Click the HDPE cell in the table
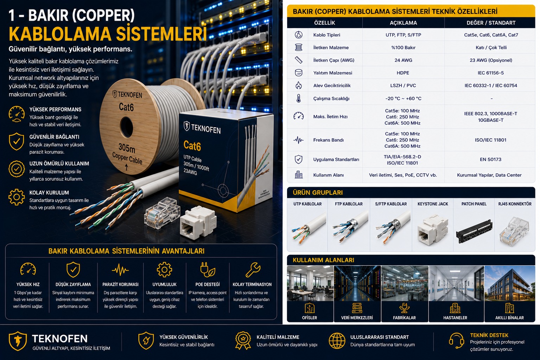pos(403,73)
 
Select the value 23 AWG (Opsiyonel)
pos(491,60)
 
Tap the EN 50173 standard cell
pos(491,159)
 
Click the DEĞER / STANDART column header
pos(491,23)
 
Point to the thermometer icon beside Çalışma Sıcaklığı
pos(299,98)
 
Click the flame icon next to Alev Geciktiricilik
pos(299,85)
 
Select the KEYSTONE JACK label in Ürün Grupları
pos(433,204)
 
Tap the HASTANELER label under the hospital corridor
pos(455,317)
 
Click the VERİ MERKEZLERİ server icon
pos(357,308)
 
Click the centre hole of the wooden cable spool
pos(126,127)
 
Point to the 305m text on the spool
pos(127,147)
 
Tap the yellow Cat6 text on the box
pos(192,146)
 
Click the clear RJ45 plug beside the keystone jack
pos(162,213)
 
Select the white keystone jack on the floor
pos(198,222)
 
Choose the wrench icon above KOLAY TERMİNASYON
pos(253,270)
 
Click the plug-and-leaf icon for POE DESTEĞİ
pos(208,270)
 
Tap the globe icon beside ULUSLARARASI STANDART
pos(337,341)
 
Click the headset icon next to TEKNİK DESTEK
pos(456,341)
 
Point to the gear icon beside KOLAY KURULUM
pos(17,197)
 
